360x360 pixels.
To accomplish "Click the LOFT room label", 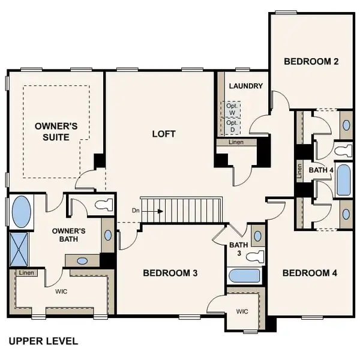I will pyautogui.click(x=164, y=134).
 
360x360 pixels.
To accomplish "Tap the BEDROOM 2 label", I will pyautogui.click(x=311, y=61).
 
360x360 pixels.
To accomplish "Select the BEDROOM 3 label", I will pyautogui.click(x=170, y=273).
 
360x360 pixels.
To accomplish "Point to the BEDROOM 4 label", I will pyautogui.click(x=310, y=273).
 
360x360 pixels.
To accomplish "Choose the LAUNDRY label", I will pyautogui.click(x=245, y=86).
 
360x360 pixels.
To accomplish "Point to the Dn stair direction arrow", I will pyautogui.click(x=154, y=211).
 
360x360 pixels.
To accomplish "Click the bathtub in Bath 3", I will pyautogui.click(x=245, y=276).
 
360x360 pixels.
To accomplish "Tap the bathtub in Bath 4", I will pyautogui.click(x=343, y=180).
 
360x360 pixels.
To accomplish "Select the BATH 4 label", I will pyautogui.click(x=320, y=170).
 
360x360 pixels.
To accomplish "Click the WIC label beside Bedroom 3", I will pyautogui.click(x=242, y=311).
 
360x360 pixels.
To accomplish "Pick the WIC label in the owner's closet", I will pyautogui.click(x=61, y=292).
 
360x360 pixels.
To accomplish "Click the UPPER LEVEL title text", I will pyautogui.click(x=43, y=341).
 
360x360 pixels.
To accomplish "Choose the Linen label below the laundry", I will pyautogui.click(x=236, y=143).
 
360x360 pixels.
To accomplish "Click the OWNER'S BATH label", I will pyautogui.click(x=68, y=235).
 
